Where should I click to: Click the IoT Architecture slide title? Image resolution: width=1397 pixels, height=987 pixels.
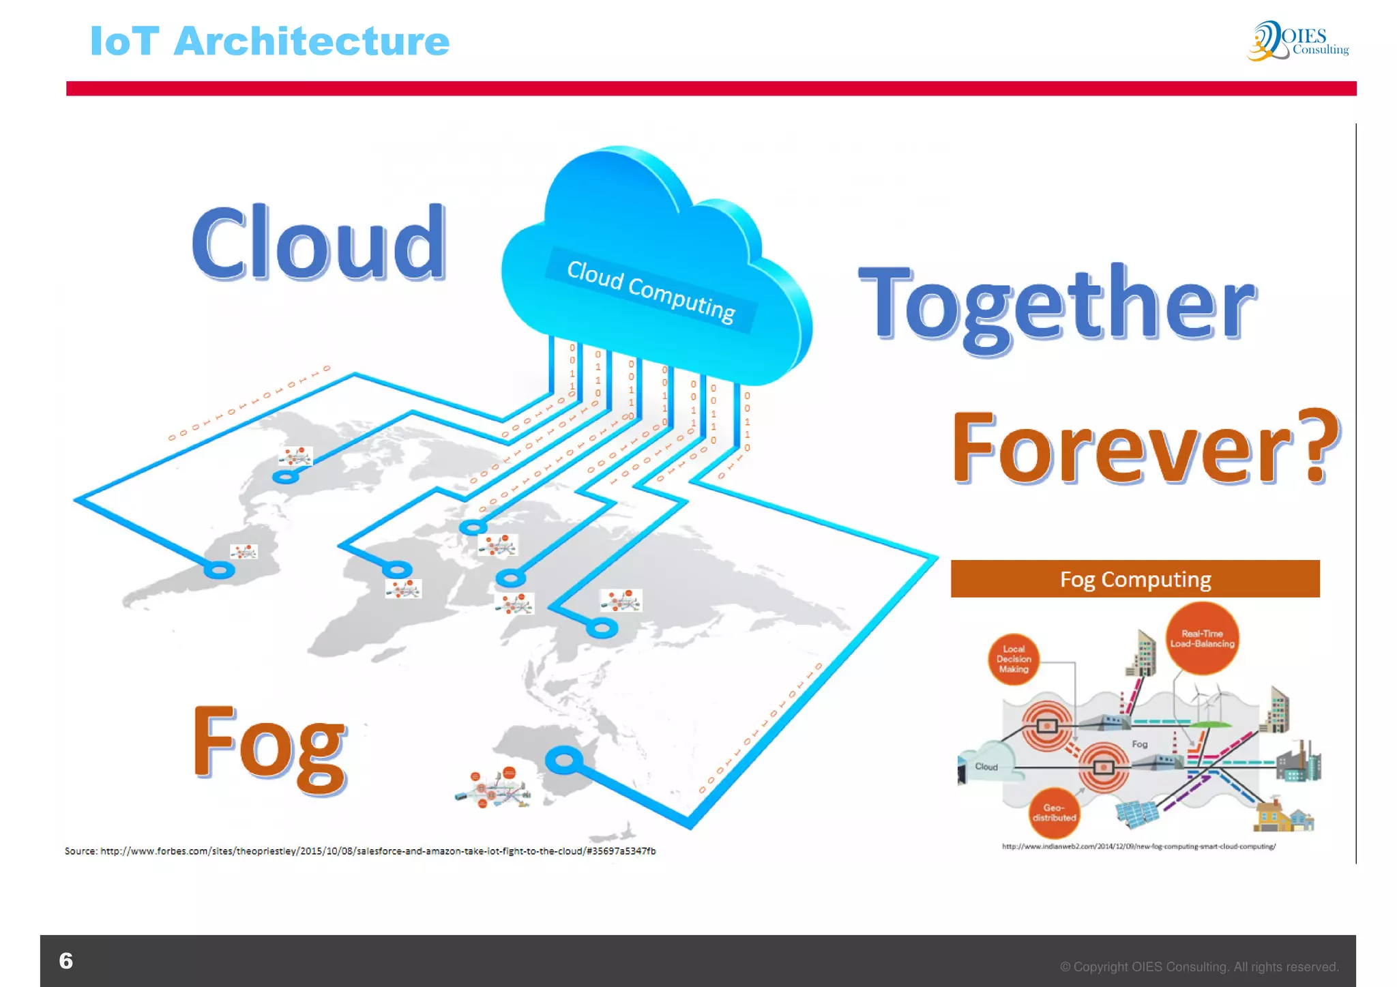[x=269, y=41]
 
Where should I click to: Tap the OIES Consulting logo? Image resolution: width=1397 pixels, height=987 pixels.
[x=1297, y=41]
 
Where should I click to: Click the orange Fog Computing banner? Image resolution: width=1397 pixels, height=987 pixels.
[x=1134, y=579]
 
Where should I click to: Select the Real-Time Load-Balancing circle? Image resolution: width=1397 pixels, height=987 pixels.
[x=1202, y=638]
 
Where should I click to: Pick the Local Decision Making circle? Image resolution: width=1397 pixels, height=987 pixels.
[x=1013, y=659]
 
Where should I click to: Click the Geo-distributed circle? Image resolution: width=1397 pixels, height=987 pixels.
[x=1054, y=812]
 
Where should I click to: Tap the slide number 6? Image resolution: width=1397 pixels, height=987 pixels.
[x=65, y=960]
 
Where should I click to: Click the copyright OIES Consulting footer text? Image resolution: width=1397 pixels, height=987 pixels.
[x=1199, y=967]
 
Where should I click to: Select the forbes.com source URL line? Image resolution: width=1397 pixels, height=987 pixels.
[x=360, y=851]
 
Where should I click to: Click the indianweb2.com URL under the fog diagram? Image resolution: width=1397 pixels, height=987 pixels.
[x=1138, y=846]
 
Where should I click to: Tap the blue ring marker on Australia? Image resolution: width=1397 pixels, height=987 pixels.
[x=563, y=760]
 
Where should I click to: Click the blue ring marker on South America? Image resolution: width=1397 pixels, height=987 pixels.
[x=219, y=570]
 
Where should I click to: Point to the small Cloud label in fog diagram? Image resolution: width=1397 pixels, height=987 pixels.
[x=986, y=767]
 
